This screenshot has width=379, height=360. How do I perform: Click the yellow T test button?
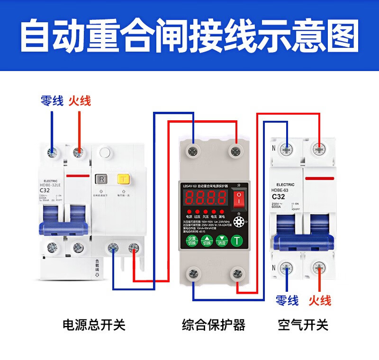[124, 179]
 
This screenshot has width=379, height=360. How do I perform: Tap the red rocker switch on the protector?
[241, 200]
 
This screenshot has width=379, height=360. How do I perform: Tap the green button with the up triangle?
[207, 240]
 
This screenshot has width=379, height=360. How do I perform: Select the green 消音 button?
[221, 240]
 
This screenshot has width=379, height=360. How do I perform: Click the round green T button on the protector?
[236, 240]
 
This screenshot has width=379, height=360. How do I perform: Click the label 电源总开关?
[94, 325]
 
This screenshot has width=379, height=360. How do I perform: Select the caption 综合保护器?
[214, 325]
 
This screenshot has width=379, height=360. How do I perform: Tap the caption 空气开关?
[303, 325]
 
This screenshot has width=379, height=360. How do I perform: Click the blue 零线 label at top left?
[52, 101]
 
